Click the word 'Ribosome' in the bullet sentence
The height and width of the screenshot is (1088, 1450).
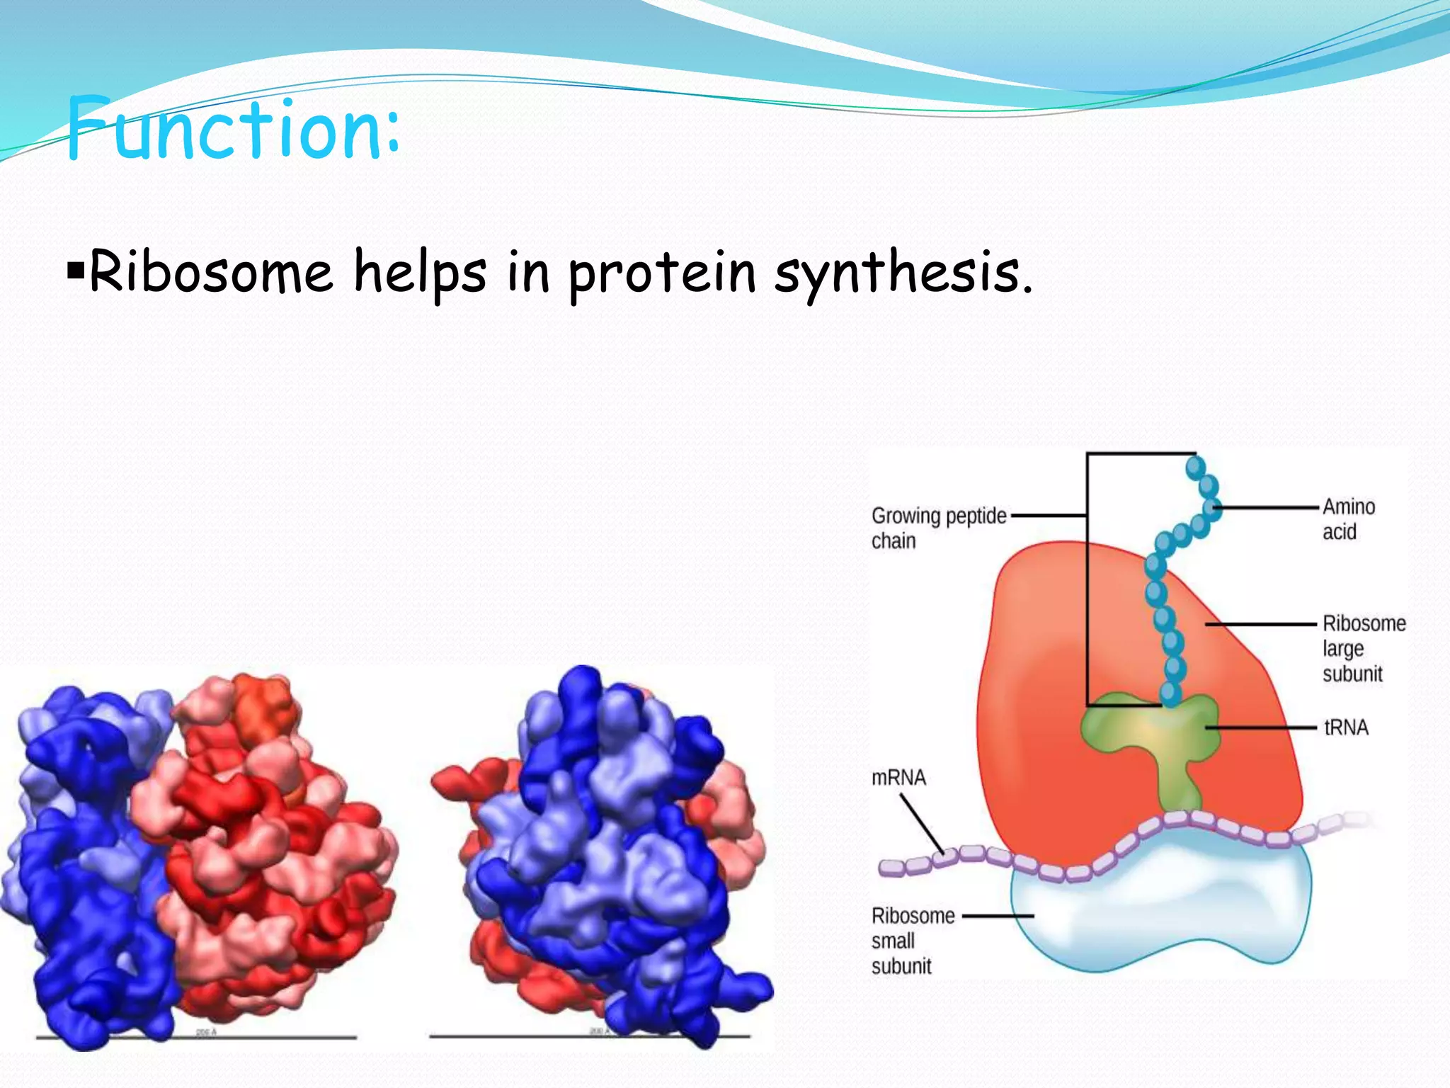point(211,273)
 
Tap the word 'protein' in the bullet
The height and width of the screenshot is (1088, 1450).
point(663,275)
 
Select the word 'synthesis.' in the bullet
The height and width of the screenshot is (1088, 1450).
point(903,275)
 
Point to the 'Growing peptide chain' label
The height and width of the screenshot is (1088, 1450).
point(938,528)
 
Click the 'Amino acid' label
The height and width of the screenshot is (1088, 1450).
point(1348,518)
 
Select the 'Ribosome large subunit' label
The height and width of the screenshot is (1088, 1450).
point(1363,648)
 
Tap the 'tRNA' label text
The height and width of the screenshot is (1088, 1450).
point(1346,727)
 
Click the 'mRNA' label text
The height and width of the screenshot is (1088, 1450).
point(898,778)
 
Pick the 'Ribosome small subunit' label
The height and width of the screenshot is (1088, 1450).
point(912,941)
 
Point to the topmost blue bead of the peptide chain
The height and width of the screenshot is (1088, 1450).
point(1195,467)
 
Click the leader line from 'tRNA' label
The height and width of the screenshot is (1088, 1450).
point(1260,727)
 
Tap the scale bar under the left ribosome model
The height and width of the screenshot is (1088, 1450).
point(196,1038)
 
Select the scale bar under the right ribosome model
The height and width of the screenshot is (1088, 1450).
point(589,1037)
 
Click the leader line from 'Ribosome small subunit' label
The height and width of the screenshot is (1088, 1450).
point(998,916)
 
